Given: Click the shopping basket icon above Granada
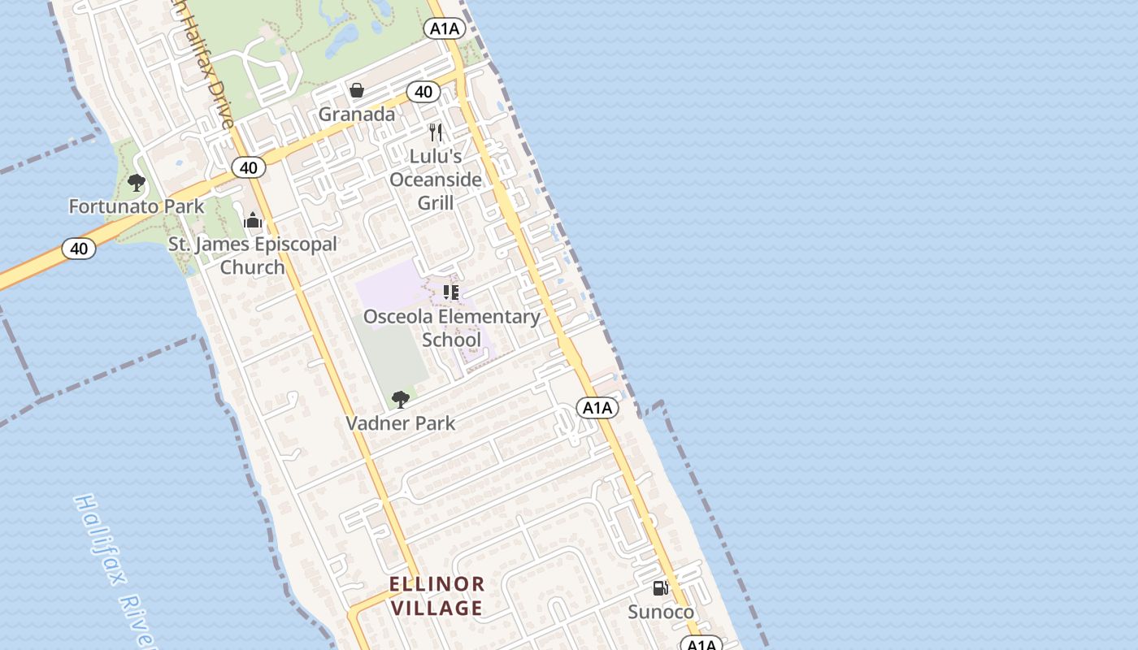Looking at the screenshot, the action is [356, 89].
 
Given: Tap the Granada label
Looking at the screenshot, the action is [356, 114].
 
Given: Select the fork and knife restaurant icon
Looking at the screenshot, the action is [436, 132].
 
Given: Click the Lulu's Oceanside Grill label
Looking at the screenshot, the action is [436, 179].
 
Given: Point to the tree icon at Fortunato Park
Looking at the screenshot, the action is [137, 183].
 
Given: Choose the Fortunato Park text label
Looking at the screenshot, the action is [137, 206].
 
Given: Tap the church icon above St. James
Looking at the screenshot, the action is [253, 220].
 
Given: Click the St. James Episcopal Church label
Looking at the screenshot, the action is [253, 255].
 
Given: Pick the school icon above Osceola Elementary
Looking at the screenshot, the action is [451, 292].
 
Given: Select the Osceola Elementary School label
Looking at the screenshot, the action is [451, 327].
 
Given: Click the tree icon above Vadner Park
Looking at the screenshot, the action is [400, 399].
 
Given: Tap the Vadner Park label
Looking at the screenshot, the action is [401, 423].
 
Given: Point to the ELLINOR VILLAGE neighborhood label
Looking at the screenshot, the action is [437, 596].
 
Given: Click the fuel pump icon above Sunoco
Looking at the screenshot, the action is [661, 588].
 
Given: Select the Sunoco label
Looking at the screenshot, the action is [661, 612].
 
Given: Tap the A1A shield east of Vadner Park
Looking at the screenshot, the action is [597, 408].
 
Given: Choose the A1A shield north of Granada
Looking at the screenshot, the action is [445, 28].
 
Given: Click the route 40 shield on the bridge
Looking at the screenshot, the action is [79, 249].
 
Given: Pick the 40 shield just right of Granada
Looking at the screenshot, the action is [423, 92].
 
